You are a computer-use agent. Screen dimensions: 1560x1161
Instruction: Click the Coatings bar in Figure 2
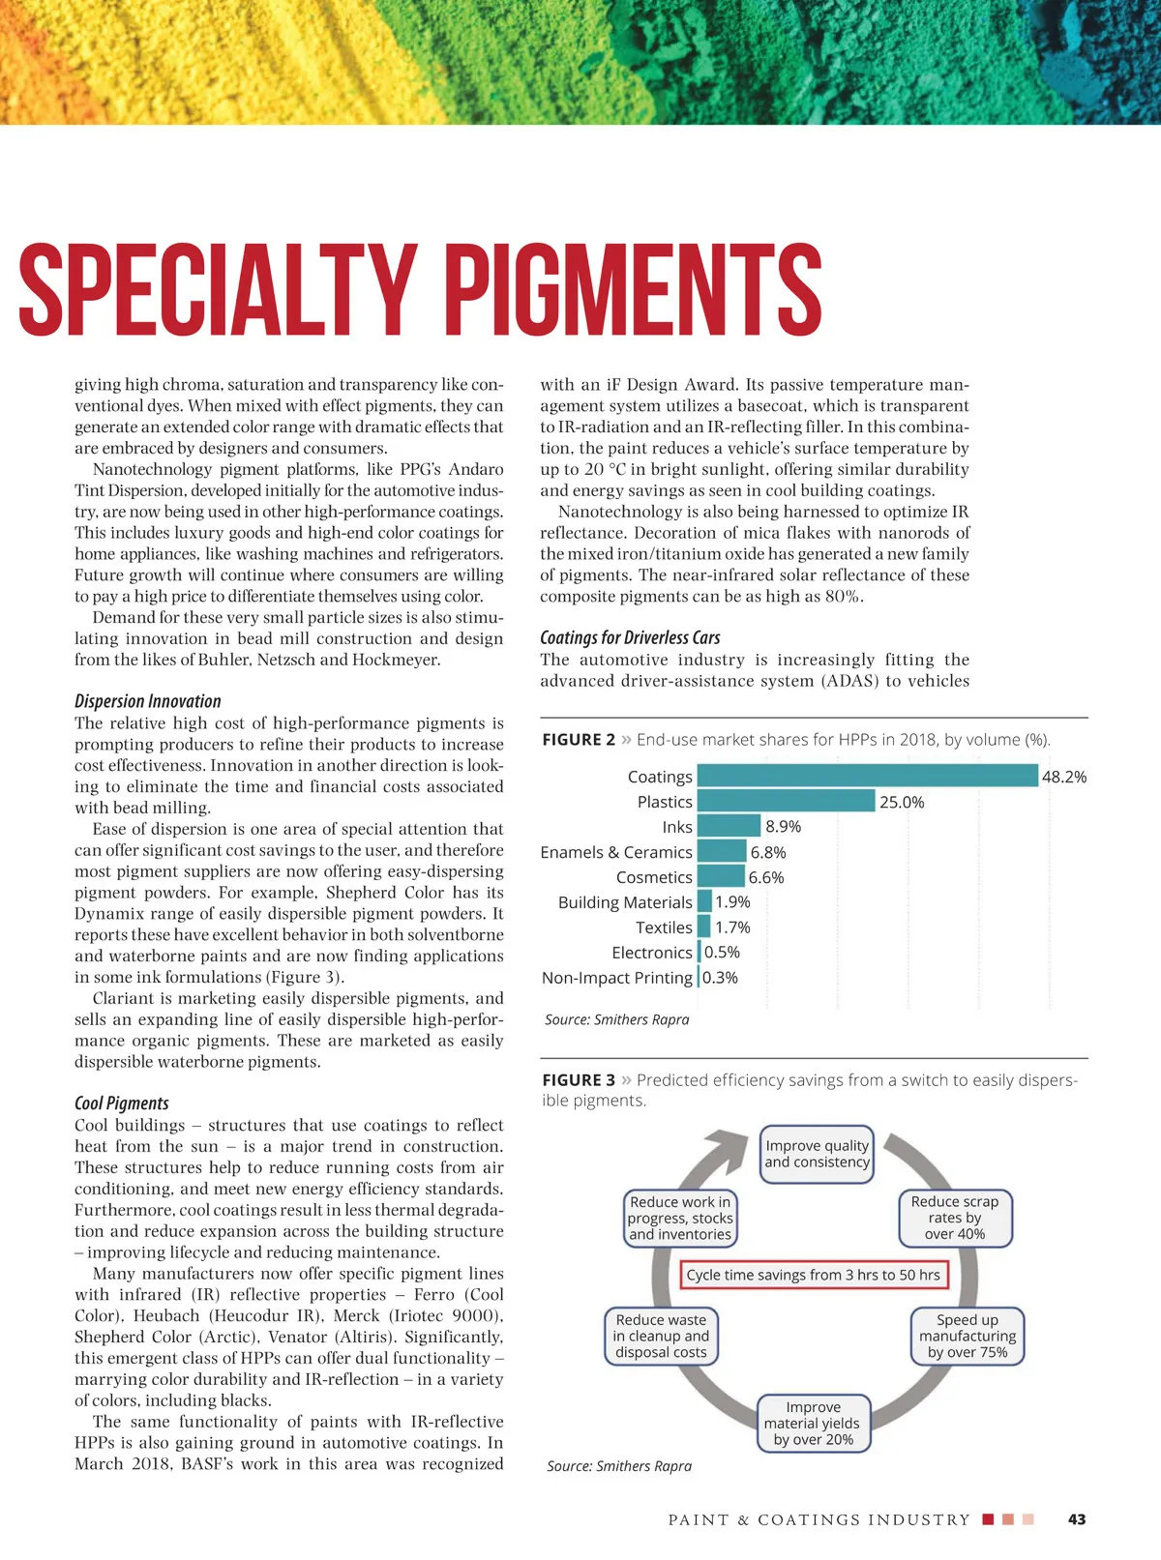click(x=867, y=776)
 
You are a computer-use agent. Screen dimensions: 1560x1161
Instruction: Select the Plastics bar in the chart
click(x=786, y=801)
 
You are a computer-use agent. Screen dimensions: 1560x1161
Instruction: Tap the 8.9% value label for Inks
click(x=783, y=826)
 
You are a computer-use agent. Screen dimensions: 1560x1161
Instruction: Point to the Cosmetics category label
click(x=654, y=877)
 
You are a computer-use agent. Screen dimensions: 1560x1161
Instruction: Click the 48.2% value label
click(x=1063, y=777)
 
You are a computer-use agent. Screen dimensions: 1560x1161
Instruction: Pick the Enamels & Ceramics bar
click(x=722, y=851)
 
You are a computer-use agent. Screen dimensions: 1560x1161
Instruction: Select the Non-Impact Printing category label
click(x=617, y=978)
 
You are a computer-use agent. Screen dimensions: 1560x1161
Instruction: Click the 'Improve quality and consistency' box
click(x=817, y=1154)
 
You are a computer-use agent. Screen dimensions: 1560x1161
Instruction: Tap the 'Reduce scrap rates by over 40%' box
click(x=955, y=1218)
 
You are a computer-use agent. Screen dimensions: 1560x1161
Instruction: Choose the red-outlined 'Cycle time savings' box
click(x=814, y=1275)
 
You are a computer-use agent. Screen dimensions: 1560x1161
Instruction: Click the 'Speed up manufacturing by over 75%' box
click(x=967, y=1336)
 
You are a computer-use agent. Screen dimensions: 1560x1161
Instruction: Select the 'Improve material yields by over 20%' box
click(x=814, y=1423)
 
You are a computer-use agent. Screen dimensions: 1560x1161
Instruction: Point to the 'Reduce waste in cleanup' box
click(x=661, y=1336)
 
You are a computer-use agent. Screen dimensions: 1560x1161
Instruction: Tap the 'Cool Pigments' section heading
click(x=122, y=1104)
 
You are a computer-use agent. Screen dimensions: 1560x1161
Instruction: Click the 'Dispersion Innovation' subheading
click(x=148, y=701)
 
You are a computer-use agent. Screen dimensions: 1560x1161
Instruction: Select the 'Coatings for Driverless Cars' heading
click(x=630, y=637)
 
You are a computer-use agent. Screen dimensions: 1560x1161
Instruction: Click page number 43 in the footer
click(x=1077, y=1519)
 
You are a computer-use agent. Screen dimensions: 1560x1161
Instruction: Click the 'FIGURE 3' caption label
click(x=579, y=1080)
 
